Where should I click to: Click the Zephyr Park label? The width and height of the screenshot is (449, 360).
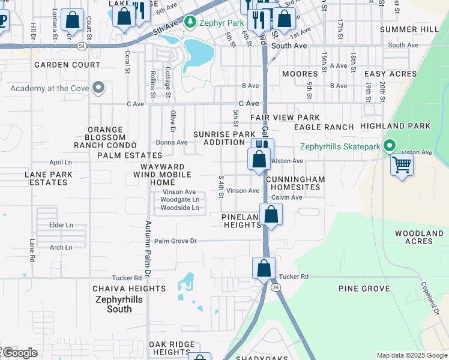pyautogui.click(x=223, y=23)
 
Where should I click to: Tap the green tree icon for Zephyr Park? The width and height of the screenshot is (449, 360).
pyautogui.click(x=190, y=23)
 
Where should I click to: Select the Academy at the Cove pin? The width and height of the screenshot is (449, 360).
pyautogui.click(x=98, y=89)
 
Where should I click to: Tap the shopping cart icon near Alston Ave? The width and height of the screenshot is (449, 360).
pyautogui.click(x=402, y=164)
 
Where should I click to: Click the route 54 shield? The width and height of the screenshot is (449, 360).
pyautogui.click(x=82, y=46)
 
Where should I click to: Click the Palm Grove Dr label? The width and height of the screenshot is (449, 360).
pyautogui.click(x=175, y=241)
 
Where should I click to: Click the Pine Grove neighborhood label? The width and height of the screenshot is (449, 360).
pyautogui.click(x=364, y=289)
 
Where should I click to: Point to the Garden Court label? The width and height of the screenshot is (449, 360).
pyautogui.click(x=67, y=65)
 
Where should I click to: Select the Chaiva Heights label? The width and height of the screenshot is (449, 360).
pyautogui.click(x=128, y=289)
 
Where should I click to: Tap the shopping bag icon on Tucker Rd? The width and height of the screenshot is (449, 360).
pyautogui.click(x=264, y=268)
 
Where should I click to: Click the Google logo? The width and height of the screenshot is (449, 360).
pyautogui.click(x=19, y=353)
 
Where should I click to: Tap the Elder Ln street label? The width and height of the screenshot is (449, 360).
pyautogui.click(x=61, y=225)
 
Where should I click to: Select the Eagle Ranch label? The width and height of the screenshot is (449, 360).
pyautogui.click(x=324, y=127)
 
